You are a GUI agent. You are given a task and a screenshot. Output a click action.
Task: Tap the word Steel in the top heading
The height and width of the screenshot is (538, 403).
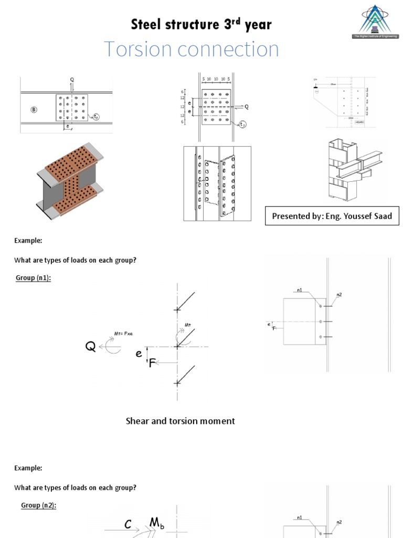pyautogui.click(x=146, y=24)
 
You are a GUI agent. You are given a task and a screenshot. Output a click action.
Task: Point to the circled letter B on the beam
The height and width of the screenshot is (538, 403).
pyautogui.click(x=34, y=110)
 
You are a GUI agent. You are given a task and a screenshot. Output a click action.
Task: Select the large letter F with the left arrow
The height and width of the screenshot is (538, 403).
pyautogui.click(x=152, y=363)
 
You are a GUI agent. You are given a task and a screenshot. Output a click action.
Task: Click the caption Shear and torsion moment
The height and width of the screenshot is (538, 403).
pyautogui.click(x=180, y=421)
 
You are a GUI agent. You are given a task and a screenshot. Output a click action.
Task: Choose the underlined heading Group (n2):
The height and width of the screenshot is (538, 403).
pyautogui.click(x=38, y=505)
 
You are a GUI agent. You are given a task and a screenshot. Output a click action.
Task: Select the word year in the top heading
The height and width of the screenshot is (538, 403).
pyautogui.click(x=257, y=24)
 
